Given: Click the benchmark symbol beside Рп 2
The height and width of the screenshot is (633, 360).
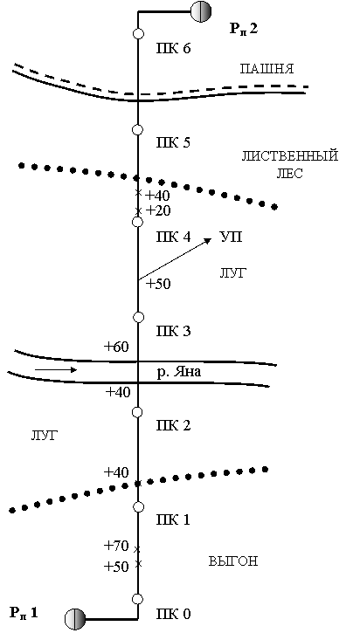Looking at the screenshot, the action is click(x=200, y=10).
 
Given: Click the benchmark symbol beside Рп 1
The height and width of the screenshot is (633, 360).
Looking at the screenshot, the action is click(x=75, y=618).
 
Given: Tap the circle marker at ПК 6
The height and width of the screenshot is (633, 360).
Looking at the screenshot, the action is click(x=138, y=34).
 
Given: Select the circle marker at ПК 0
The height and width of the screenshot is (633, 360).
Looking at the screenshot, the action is click(x=138, y=599).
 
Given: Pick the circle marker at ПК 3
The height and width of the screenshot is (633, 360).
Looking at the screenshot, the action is click(x=138, y=317).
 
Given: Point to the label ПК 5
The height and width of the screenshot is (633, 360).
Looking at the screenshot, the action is click(x=173, y=143).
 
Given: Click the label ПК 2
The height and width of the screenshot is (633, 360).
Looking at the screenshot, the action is click(x=173, y=425).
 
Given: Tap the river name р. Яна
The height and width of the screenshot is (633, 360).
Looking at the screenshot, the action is click(x=178, y=372).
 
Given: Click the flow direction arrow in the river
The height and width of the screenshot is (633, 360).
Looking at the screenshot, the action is click(x=55, y=369).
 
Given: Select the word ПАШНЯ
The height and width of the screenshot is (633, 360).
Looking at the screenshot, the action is click(x=267, y=69).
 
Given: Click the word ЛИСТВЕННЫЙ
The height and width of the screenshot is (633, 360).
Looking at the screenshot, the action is click(x=290, y=155).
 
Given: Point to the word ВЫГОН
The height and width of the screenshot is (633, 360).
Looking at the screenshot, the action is click(x=233, y=561).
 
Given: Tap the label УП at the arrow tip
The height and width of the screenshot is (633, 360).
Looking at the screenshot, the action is click(x=231, y=237).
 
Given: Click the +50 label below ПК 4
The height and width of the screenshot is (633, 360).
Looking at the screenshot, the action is click(x=158, y=285).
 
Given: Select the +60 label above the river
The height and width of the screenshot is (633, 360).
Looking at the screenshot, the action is click(x=117, y=347).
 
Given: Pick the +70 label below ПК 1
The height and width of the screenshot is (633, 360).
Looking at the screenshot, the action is click(x=116, y=547).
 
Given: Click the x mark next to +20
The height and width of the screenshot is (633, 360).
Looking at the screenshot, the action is click(x=138, y=210).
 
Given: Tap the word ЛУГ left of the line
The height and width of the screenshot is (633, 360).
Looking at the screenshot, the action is click(x=45, y=436).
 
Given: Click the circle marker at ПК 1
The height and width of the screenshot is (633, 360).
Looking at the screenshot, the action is click(x=138, y=506).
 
